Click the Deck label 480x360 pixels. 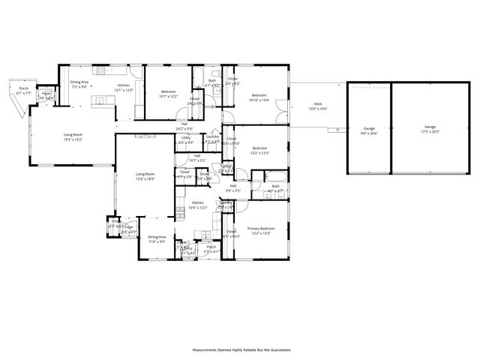(x=317, y=106)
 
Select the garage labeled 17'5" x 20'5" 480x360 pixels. (x=430, y=129)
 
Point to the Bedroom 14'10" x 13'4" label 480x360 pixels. (x=259, y=97)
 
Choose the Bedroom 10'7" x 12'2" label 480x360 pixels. (x=168, y=94)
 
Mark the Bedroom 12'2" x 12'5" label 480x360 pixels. (x=259, y=150)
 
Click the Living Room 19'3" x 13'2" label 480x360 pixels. (x=73, y=137)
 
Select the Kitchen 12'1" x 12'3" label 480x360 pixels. (x=124, y=88)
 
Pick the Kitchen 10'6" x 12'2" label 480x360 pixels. (x=198, y=204)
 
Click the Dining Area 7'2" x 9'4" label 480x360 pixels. (x=79, y=85)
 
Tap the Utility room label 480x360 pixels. (x=186, y=140)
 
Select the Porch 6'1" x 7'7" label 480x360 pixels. (x=23, y=90)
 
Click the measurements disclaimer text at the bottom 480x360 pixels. (x=241, y=350)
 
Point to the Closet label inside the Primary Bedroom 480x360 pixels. (x=231, y=234)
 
